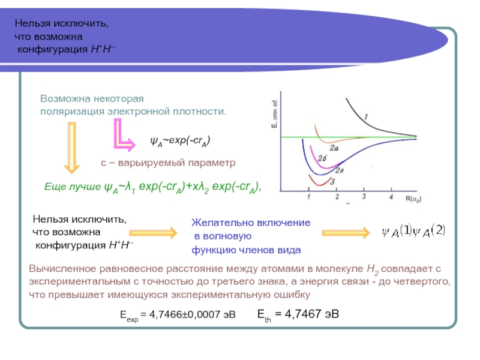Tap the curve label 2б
[x=322, y=158]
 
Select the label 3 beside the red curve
[x=332, y=181]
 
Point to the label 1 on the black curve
[x=366, y=116]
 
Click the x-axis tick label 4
[x=391, y=197]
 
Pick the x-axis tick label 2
[x=337, y=197]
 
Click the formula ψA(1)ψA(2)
[x=413, y=231]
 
